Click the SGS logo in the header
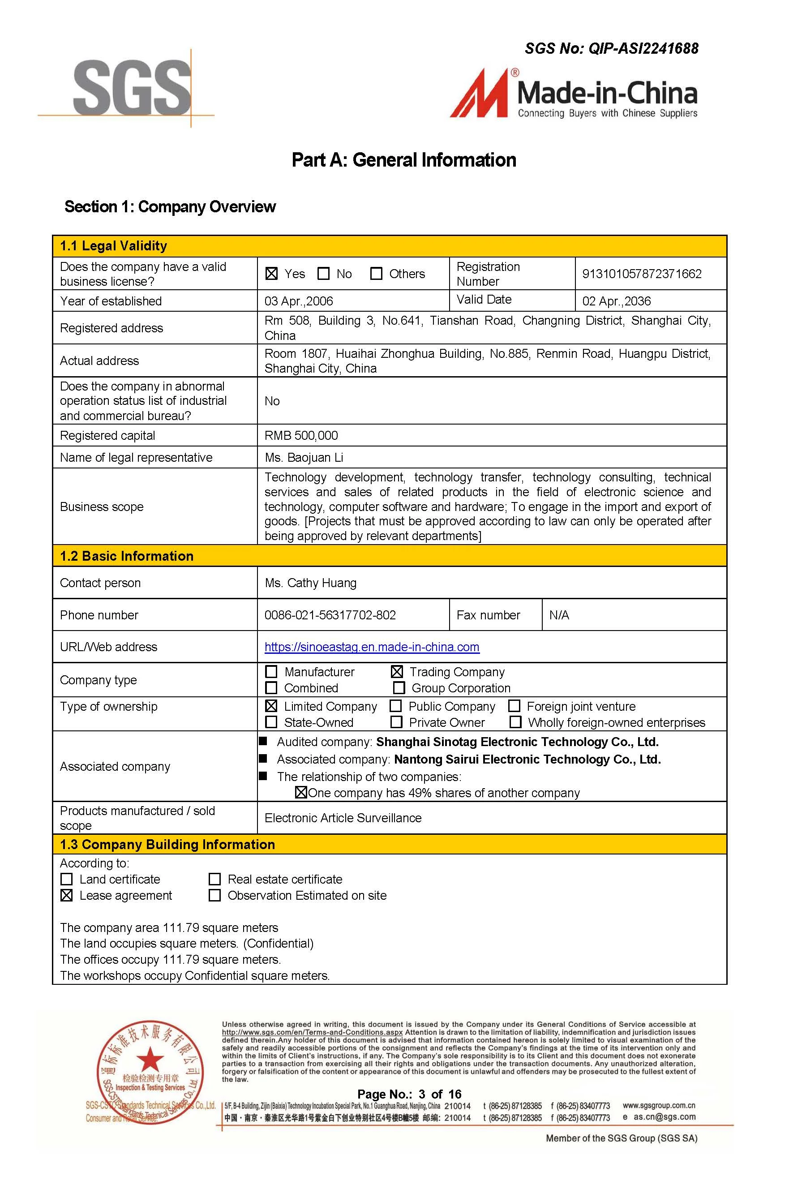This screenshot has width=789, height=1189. [x=132, y=86]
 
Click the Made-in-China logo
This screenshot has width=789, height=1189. [x=574, y=94]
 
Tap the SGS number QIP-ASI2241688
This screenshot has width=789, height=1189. [x=611, y=48]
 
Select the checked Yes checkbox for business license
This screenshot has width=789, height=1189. [x=272, y=274]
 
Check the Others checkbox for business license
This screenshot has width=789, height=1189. [x=376, y=274]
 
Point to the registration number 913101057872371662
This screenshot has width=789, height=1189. [x=642, y=274]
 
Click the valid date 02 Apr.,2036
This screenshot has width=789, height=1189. [x=617, y=301]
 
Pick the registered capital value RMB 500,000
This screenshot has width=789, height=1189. [x=301, y=435]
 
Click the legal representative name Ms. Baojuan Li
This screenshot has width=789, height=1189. [x=304, y=457]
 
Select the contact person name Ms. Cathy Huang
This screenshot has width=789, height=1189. [x=310, y=583]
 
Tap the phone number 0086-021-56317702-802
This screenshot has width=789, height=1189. [x=330, y=615]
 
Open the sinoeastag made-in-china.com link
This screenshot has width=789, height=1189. [x=372, y=647]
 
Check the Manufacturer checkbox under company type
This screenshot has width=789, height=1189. [x=271, y=672]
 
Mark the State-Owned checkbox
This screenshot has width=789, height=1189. [x=271, y=722]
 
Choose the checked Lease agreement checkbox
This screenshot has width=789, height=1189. [x=66, y=895]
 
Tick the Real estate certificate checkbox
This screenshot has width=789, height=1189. [x=215, y=879]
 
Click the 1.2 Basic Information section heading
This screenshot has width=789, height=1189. [x=127, y=556]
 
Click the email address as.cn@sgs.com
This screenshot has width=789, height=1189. [x=664, y=1116]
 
